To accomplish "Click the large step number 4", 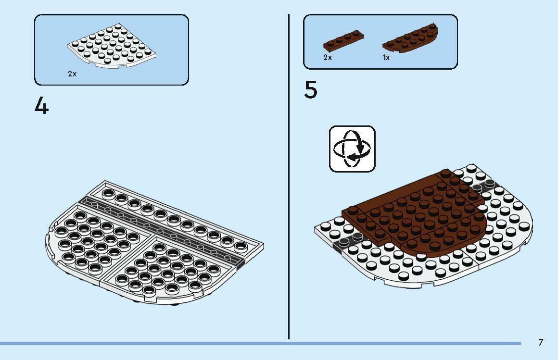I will coord(41,106).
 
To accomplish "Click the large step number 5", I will coord(311,90).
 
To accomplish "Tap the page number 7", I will coord(541,343).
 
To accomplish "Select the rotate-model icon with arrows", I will coord(352,149).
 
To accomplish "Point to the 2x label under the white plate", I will coord(72,74).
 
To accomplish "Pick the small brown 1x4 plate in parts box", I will coord(343,39).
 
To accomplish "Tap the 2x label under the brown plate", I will coord(328,57).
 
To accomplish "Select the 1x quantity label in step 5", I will coord(386,57).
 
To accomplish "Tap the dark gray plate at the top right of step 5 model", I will coord(483,186).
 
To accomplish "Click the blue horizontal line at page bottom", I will coord(260,343).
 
